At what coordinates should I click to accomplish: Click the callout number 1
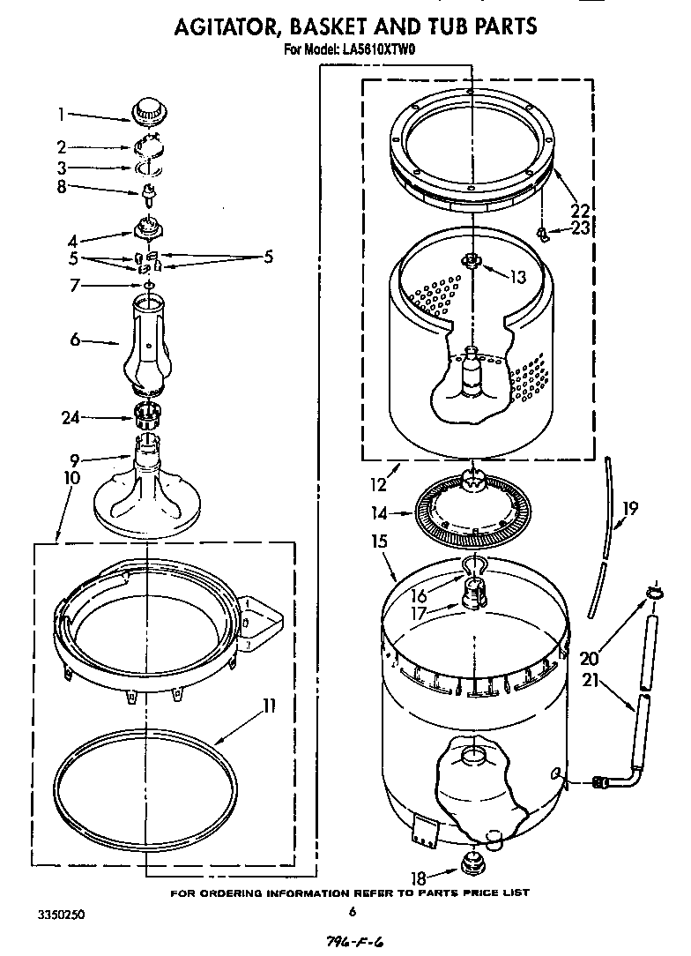tap(61, 113)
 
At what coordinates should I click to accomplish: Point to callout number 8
tap(61, 186)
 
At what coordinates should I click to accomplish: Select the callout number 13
tap(517, 277)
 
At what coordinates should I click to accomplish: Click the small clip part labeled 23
tap(544, 233)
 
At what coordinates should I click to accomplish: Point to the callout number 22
tap(578, 211)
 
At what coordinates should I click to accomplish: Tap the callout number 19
tap(630, 508)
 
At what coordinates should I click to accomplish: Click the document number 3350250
tap(60, 915)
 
